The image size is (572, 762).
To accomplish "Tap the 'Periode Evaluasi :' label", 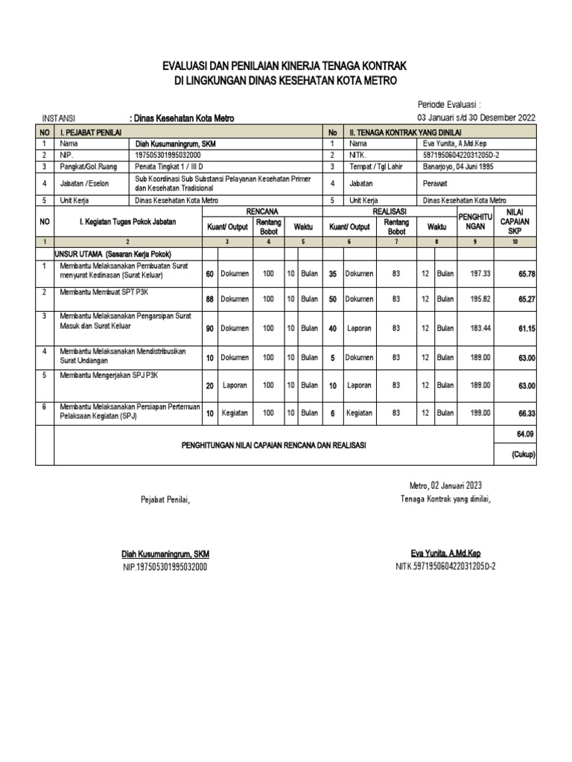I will pyautogui.click(x=449, y=106).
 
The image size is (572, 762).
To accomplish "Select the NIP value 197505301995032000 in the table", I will pyautogui.click(x=172, y=155).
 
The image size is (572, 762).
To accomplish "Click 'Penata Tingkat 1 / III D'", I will pyautogui.click(x=169, y=167).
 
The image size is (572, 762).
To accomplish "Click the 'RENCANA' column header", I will pyautogui.click(x=261, y=212).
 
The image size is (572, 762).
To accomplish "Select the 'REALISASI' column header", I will pyautogui.click(x=389, y=212).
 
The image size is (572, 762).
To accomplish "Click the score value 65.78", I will pyautogui.click(x=526, y=274).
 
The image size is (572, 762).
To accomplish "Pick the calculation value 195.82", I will pyautogui.click(x=480, y=298).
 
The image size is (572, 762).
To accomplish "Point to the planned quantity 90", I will pyautogui.click(x=209, y=328).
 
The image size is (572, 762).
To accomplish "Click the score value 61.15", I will pyautogui.click(x=526, y=328).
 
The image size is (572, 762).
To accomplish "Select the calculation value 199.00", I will pyautogui.click(x=480, y=412).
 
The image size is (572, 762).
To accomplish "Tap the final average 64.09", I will pyautogui.click(x=526, y=433).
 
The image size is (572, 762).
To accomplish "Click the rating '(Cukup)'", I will pyautogui.click(x=523, y=454).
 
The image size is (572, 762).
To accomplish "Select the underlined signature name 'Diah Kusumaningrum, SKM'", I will pyautogui.click(x=165, y=554).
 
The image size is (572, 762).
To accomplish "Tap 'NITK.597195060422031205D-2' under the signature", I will pyautogui.click(x=445, y=566).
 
